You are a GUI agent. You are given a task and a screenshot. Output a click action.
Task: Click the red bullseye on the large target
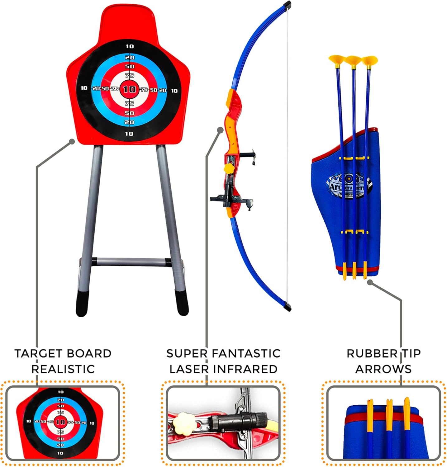pos(129,89)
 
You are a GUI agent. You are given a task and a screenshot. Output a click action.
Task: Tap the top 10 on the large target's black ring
pos(130,46)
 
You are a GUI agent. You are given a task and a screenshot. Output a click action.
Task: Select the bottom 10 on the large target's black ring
pos(129,134)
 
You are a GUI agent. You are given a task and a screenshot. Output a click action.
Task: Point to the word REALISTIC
pos(63,369)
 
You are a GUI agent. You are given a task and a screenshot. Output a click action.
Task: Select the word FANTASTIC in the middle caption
pos(246,354)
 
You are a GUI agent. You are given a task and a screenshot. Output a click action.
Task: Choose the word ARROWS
pos(383,369)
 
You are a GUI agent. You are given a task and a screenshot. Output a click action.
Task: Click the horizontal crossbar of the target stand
pos(131,262)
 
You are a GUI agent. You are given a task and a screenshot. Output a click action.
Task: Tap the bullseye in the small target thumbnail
pos(60,422)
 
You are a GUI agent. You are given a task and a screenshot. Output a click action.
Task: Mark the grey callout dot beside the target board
pos(72,142)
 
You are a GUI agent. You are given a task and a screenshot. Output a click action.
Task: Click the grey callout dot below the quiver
pos(370,282)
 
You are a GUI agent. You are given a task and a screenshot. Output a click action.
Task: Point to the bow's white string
pos(288,156)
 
